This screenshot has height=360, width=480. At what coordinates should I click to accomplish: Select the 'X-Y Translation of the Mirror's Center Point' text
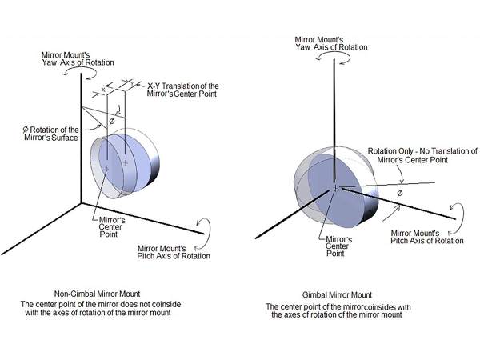[x=183, y=90]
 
